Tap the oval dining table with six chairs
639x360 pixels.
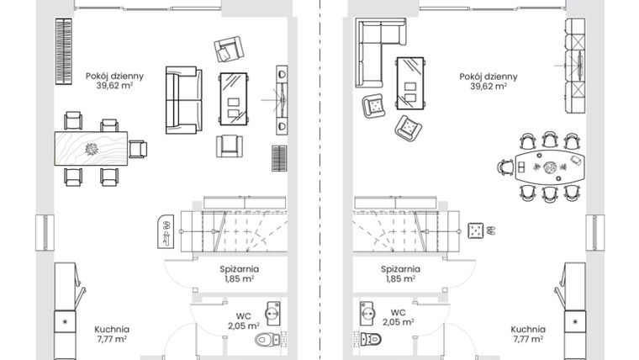coord(549,168)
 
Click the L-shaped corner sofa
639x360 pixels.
coord(374,50)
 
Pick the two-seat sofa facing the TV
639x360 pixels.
coord(183,101)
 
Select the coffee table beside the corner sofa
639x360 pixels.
coord(410,82)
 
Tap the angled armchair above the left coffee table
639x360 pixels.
coord(228,50)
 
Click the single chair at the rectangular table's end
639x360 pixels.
coord(138,150)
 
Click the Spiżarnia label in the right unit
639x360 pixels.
coord(401,270)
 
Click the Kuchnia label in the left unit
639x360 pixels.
coord(112,330)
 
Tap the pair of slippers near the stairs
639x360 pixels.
coord(491,229)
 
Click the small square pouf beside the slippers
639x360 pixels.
coord(475,229)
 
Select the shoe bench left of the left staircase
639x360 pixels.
coord(166,230)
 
